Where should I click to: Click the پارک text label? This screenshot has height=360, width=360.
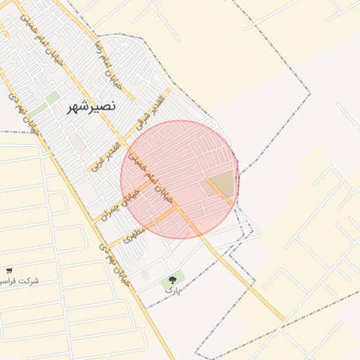pyautogui.click(x=172, y=289)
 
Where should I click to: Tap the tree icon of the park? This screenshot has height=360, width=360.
pyautogui.click(x=172, y=280)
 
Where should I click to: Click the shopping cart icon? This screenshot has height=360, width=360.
pyautogui.click(x=9, y=271)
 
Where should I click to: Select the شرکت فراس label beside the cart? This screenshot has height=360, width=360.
pyautogui.click(x=20, y=281)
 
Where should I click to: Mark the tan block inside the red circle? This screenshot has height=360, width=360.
pyautogui.click(x=221, y=183)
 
